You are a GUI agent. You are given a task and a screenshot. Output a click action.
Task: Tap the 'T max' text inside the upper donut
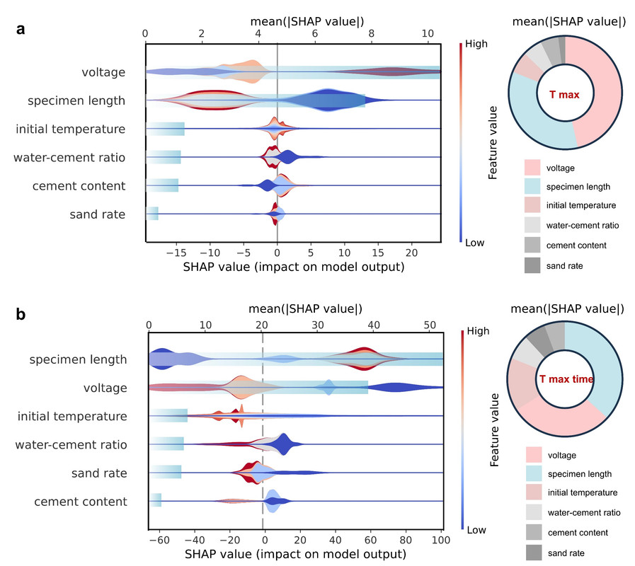click(x=565, y=94)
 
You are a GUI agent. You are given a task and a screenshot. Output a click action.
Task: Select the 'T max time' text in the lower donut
click(x=566, y=379)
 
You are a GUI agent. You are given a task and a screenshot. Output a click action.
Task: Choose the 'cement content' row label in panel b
click(x=81, y=502)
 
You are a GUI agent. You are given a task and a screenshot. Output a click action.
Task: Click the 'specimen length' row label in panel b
click(x=79, y=359)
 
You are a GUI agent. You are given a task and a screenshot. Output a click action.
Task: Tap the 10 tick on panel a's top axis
click(x=427, y=33)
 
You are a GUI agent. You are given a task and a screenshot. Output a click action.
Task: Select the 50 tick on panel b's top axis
click(x=430, y=325)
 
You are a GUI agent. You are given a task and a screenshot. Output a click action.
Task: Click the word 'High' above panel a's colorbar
click(x=476, y=43)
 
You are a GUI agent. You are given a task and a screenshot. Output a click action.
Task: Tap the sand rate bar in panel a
click(x=152, y=214)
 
